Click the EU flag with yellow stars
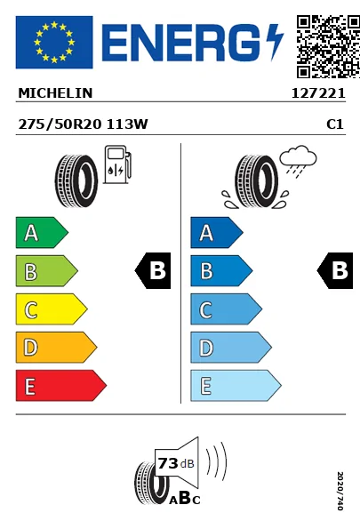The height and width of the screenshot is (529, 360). [54, 42]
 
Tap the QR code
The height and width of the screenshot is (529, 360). [328, 46]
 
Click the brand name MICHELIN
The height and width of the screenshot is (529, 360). [55, 93]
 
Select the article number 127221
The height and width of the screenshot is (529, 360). [318, 93]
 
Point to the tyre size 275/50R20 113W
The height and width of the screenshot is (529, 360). [83, 124]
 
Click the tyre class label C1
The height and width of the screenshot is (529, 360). [335, 124]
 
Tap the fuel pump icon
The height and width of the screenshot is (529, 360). [117, 164]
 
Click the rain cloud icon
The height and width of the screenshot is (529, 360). [298, 161]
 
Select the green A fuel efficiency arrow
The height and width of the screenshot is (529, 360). [42, 232]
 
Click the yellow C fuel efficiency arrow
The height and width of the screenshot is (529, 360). [52, 309]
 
